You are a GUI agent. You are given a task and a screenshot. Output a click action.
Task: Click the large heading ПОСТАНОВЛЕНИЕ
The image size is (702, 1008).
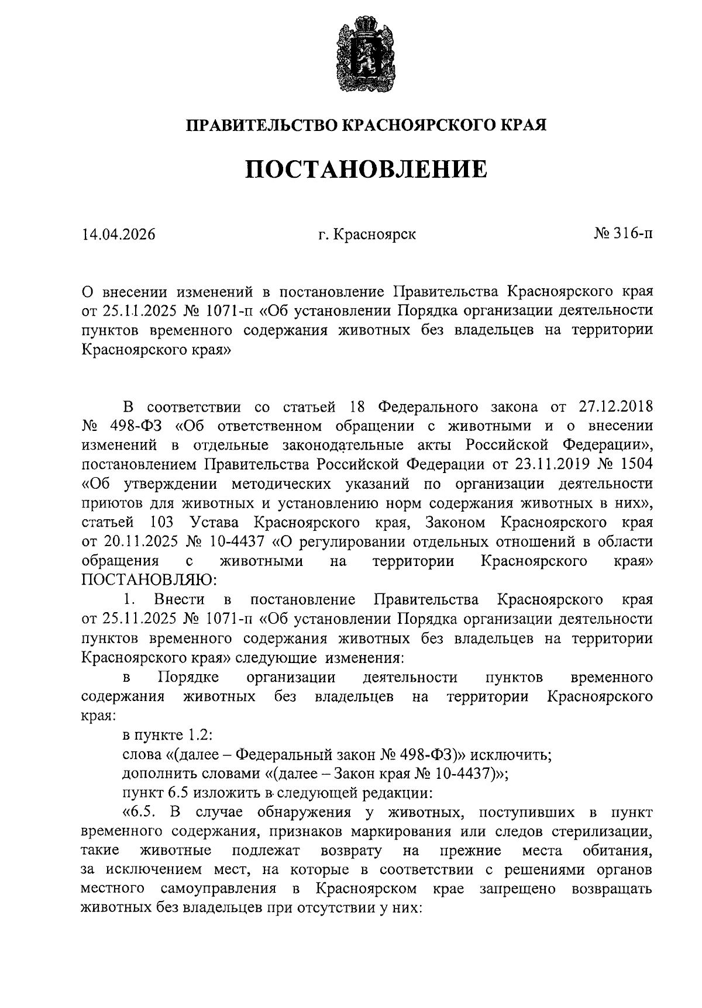click(x=366, y=169)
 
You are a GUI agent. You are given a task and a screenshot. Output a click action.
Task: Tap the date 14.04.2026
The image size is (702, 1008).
click(x=119, y=234)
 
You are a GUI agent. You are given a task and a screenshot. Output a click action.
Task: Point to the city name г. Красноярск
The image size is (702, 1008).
click(x=367, y=234)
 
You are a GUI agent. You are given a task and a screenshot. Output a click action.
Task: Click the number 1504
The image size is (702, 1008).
click(x=635, y=464)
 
